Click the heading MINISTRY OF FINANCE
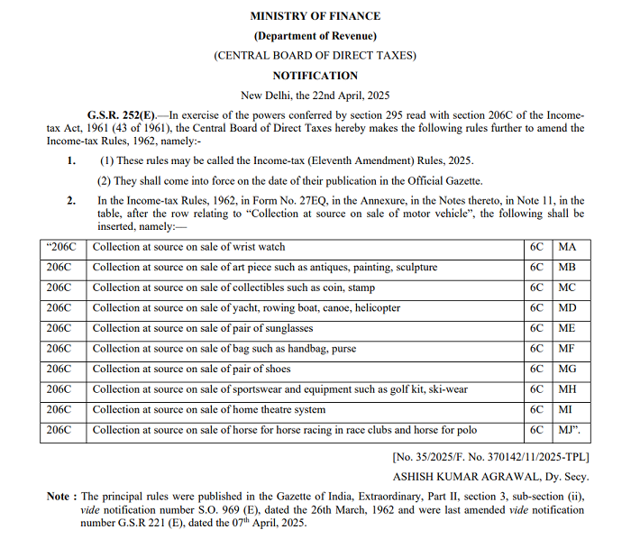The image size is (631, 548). click(315, 16)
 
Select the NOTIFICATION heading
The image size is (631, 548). click(315, 76)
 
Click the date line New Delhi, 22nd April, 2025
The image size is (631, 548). click(315, 96)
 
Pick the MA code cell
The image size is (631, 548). click(568, 247)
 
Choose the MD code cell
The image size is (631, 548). click(568, 308)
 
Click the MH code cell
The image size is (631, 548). click(568, 389)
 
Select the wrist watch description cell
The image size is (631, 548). click(189, 247)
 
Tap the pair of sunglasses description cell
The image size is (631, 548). click(203, 328)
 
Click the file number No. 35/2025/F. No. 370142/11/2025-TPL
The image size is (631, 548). click(489, 457)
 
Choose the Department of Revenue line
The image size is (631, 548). click(315, 36)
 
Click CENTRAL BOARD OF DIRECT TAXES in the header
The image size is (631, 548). click(315, 56)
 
